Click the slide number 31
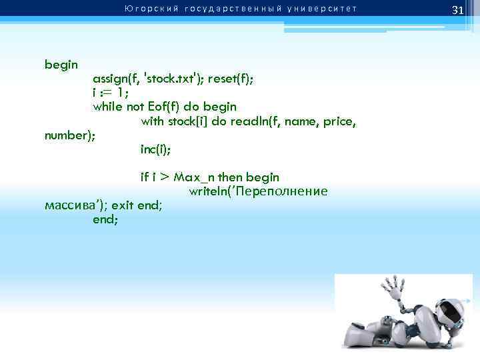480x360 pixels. click(457, 10)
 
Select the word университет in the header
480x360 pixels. click(321, 9)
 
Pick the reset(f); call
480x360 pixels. click(231, 79)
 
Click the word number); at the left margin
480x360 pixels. click(70, 135)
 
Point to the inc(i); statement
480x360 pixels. click(155, 150)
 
